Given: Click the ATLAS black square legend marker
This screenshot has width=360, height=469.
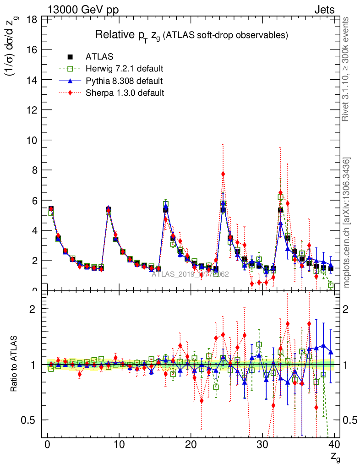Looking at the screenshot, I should tap(70, 57).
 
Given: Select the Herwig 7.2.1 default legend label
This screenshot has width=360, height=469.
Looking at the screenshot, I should tap(125, 69).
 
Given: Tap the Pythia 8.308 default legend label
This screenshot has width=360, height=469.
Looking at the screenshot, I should tap(124, 81).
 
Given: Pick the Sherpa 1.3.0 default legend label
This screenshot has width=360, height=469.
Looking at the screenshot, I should tap(125, 93).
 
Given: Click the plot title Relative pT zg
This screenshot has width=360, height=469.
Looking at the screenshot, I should tap(191, 35).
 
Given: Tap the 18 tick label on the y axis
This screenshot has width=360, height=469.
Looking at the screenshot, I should tap(33, 20).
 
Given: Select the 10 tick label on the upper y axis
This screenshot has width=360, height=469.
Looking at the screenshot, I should tap(33, 140).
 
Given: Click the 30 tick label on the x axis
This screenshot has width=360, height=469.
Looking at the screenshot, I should tap(262, 445).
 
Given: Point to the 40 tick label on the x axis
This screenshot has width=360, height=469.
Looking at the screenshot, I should tap(334, 445).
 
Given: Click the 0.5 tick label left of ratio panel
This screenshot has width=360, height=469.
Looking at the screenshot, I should tap(31, 420).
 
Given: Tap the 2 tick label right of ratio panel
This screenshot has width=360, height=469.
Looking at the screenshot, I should tap(347, 309).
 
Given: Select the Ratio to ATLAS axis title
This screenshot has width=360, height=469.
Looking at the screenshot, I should tap(15, 364).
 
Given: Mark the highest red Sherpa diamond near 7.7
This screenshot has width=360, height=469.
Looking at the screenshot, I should tap(223, 174).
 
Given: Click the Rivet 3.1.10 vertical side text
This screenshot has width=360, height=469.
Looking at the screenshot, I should tap(346, 69).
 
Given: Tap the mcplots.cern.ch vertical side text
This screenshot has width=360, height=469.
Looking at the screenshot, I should tap(346, 223).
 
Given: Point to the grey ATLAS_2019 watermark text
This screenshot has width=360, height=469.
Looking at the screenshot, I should tap(190, 275).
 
